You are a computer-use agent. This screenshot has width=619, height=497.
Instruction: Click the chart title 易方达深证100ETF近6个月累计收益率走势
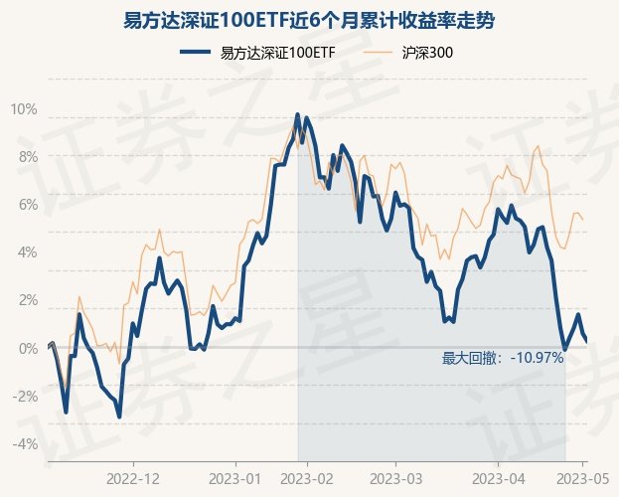point(309,20)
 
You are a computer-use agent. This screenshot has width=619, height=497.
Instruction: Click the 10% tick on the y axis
point(24,108)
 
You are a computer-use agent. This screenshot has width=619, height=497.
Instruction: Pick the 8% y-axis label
point(27,156)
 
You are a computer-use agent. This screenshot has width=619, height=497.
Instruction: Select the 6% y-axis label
point(27,204)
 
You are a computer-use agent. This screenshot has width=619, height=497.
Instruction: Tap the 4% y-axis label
point(27,251)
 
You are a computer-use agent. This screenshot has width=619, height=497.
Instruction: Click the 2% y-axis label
point(27,299)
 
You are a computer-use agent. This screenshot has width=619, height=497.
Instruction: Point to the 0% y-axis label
point(27,348)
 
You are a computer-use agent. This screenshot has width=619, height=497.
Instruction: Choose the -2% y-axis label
point(24,396)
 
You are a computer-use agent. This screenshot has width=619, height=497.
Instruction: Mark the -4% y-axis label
point(24,443)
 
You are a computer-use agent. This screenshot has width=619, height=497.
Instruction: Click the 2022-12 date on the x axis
point(132,477)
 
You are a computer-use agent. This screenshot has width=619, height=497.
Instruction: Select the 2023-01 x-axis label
point(236,477)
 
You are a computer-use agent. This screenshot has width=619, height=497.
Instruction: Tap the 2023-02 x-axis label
point(306,477)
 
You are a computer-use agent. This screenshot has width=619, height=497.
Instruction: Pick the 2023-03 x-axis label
point(395,477)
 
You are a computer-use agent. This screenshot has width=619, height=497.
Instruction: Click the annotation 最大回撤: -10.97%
point(503,358)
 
